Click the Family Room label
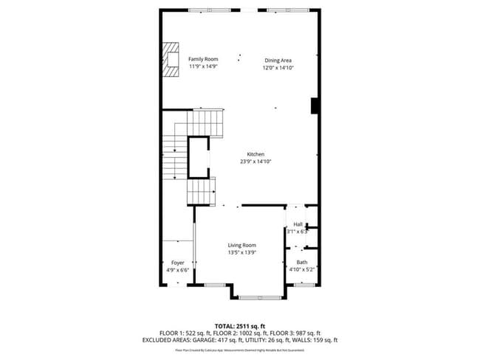[203, 58]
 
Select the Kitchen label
[245, 154]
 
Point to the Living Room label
[241, 245]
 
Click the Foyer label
[177, 263]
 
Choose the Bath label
[302, 262]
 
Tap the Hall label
[298, 224]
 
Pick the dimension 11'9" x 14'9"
[203, 67]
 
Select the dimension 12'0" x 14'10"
[278, 68]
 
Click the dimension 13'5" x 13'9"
[241, 253]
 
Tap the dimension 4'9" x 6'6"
[177, 271]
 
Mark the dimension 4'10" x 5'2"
[302, 270]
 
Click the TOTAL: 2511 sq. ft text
[240, 325]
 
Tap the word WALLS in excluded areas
[306, 340]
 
